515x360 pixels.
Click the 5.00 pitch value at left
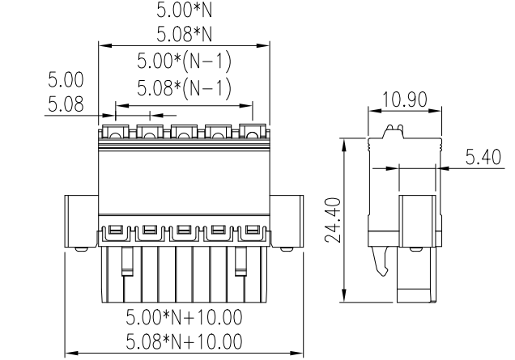tap(65, 81)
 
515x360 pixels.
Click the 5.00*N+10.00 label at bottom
tap(184, 314)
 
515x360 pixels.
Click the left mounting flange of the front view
tap(81, 220)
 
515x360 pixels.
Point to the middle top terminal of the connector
tap(183, 131)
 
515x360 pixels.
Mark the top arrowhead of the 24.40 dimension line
tap(346, 142)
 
